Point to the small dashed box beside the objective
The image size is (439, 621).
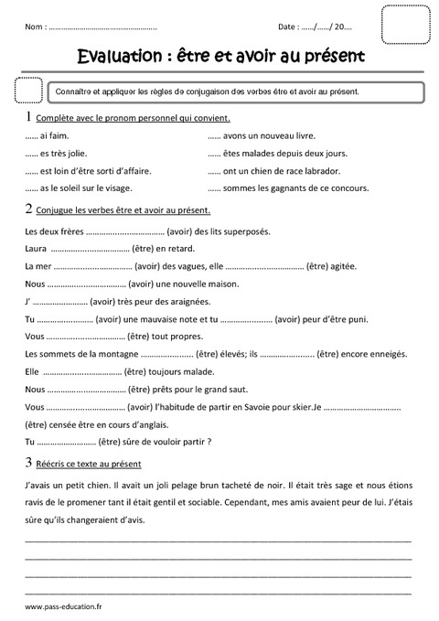[30, 91]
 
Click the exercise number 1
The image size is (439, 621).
[29, 118]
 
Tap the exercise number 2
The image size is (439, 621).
[29, 209]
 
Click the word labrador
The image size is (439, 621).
[321, 170]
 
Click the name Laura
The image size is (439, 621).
[36, 248]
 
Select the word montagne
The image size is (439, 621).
[115, 354]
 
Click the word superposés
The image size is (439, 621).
[243, 230]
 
